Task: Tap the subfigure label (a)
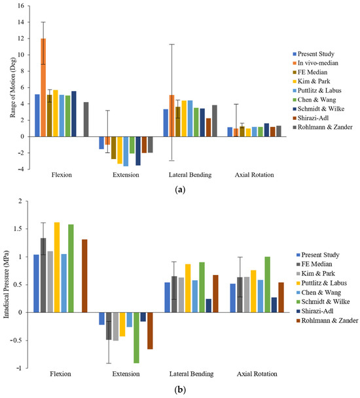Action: click(181, 188)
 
